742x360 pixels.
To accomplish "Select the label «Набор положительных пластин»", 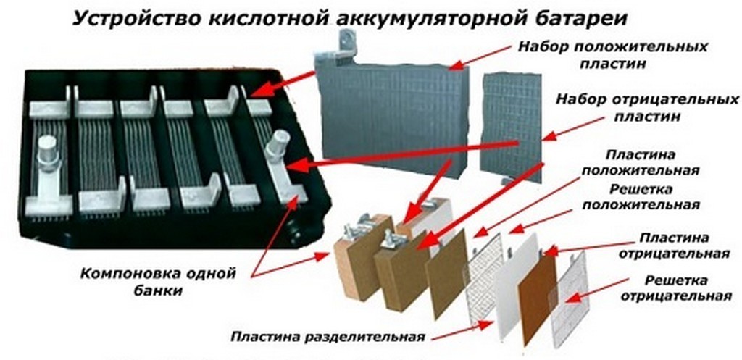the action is (612, 55).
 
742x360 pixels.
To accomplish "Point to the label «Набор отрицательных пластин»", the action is (647, 107).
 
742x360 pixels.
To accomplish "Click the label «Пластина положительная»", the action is (641, 162).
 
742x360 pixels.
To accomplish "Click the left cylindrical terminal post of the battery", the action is (49, 148).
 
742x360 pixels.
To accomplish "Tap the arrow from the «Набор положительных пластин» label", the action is (480, 57).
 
